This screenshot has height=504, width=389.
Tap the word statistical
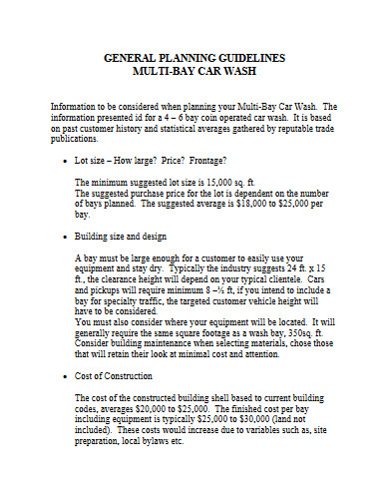(166, 127)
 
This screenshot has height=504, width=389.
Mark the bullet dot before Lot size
(63, 161)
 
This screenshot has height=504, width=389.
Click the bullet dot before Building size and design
(63, 237)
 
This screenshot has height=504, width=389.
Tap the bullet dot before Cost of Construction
(63, 376)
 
